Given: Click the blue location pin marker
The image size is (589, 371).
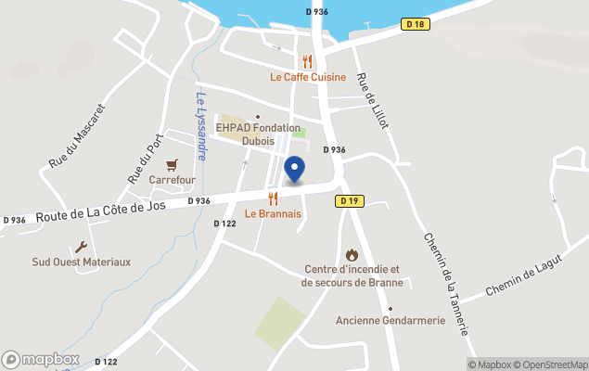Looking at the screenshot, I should pyautogui.click(x=294, y=170).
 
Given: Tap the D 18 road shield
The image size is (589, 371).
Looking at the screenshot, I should pyautogui.click(x=416, y=25).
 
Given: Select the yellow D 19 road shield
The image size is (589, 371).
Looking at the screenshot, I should pyautogui.click(x=349, y=200).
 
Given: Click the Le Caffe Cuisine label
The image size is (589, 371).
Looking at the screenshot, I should pyautogui.click(x=308, y=77).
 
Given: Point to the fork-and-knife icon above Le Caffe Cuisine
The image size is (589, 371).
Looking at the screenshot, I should pyautogui.click(x=308, y=61).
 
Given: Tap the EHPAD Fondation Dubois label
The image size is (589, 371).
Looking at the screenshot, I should pyautogui.click(x=258, y=134).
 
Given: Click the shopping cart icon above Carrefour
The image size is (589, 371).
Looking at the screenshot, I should pyautogui.click(x=171, y=163).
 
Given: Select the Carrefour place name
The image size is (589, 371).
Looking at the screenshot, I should pyautogui.click(x=171, y=179).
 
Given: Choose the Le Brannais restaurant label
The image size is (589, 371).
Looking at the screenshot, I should pyautogui.click(x=273, y=213).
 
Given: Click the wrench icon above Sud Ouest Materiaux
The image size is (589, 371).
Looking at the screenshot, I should pyautogui.click(x=81, y=247).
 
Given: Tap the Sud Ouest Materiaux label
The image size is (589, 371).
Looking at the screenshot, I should pyautogui.click(x=82, y=262).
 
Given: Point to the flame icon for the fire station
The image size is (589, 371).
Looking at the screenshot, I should pyautogui.click(x=352, y=253).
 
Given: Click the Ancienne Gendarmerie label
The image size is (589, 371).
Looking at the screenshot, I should pyautogui.click(x=391, y=321).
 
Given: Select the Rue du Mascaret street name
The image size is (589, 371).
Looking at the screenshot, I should pyautogui.click(x=78, y=135).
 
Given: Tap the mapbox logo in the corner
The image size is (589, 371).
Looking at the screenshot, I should pyautogui.click(x=40, y=359).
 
